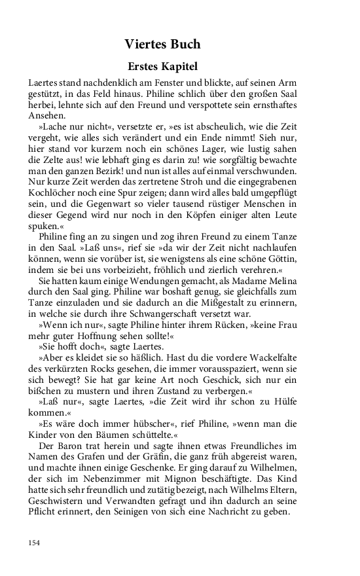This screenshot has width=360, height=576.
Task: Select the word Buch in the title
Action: pyautogui.click(x=185, y=45)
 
